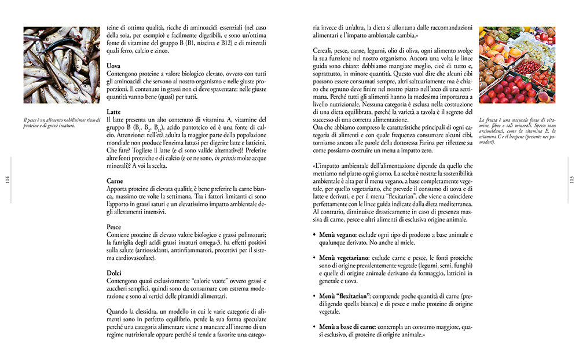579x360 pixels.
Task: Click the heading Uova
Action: point(114,66)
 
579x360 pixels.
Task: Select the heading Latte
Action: point(115,111)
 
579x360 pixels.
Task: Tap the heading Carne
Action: point(115,181)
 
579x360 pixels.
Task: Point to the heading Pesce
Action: point(115,226)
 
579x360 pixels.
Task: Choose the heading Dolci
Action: point(115,272)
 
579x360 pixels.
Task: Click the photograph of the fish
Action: point(61,64)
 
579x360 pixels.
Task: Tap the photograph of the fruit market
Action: point(517,64)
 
